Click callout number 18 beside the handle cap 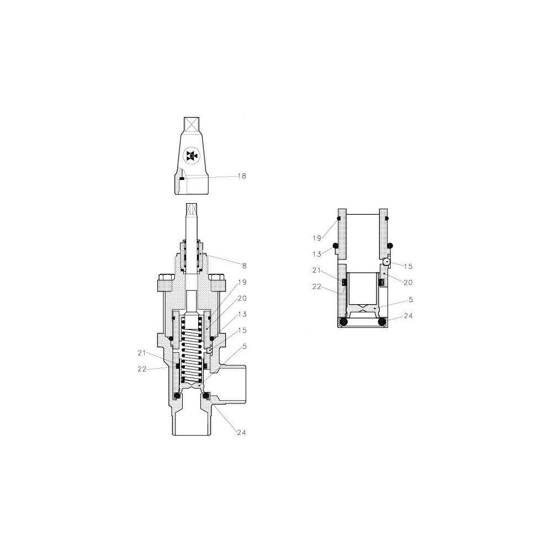pos(242,176)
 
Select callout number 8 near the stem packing pos(245,266)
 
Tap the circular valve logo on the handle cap pos(192,156)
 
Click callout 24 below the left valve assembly pos(242,433)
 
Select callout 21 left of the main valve pos(141,353)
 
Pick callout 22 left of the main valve pos(141,369)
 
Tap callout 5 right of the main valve pos(245,347)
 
